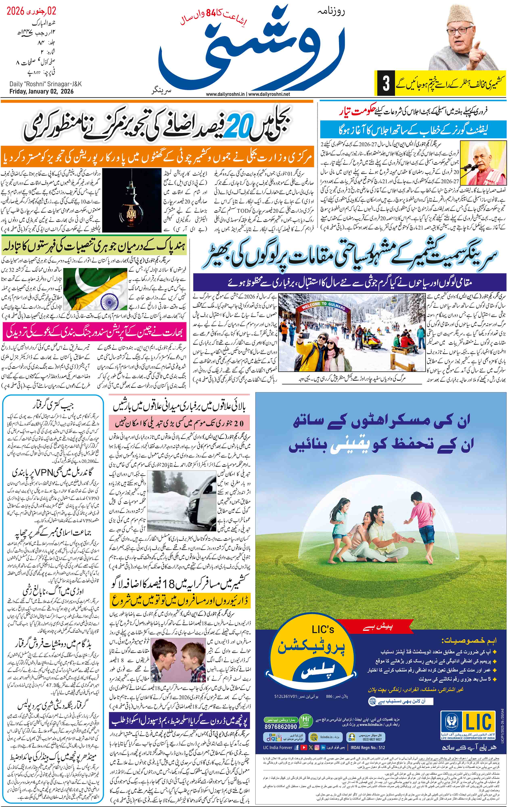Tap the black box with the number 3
click(x=386, y=84)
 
